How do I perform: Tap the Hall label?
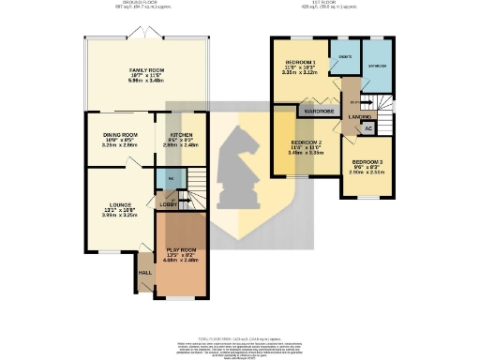[x=145, y=273]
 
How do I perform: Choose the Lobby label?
[x=169, y=204]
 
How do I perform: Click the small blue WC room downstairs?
[x=171, y=177]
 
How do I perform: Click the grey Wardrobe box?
[x=316, y=111]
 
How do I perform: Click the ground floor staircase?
[x=193, y=185]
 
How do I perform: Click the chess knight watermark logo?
[x=240, y=169]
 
